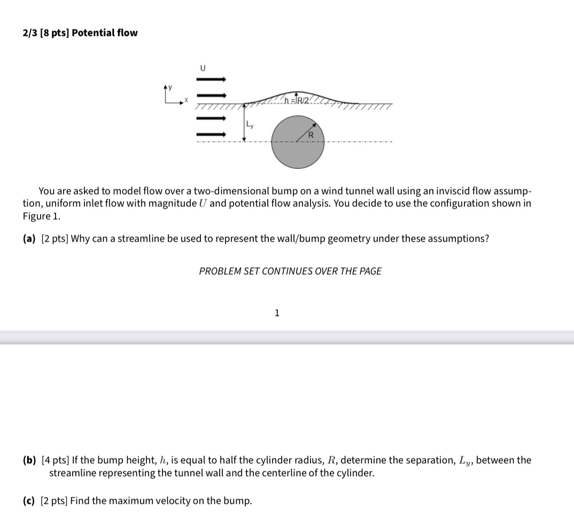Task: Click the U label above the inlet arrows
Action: coord(203,68)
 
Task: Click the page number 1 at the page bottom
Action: coord(276,313)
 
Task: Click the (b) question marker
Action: coord(29,460)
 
